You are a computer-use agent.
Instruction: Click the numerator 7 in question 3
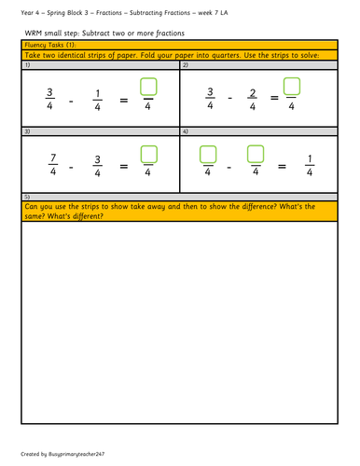[53, 158]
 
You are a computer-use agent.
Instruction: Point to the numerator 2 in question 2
[253, 93]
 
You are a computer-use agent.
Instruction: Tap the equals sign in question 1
[124, 100]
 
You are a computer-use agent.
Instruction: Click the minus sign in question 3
[71, 168]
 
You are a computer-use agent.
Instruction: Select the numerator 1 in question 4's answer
[310, 158]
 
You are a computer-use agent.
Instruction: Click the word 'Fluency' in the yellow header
[35, 45]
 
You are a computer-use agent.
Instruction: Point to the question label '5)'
[27, 197]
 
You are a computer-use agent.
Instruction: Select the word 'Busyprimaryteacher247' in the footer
[76, 454]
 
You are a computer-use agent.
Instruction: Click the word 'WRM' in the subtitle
[34, 34]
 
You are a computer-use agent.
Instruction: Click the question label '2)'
[186, 65]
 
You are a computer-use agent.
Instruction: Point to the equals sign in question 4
[282, 167]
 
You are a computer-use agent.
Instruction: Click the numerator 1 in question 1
[98, 93]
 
